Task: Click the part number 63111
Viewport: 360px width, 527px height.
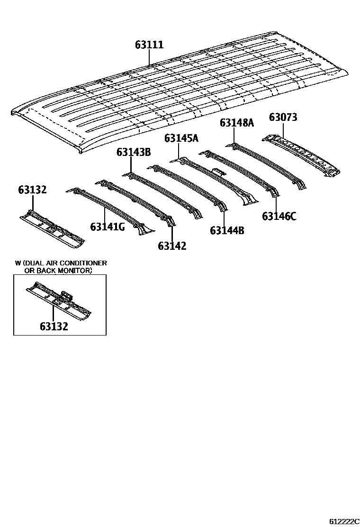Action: [149, 45]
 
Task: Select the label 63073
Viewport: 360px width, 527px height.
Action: [283, 117]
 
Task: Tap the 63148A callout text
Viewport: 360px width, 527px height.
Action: [237, 123]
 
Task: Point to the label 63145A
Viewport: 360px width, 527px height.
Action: [181, 138]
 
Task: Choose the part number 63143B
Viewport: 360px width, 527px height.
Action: [134, 152]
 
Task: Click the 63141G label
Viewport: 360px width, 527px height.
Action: [108, 227]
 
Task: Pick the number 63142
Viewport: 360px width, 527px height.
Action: [172, 246]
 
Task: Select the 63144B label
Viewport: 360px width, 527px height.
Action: [227, 231]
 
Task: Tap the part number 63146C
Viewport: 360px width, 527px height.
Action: [279, 217]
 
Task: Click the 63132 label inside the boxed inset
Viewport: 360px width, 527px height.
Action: [54, 327]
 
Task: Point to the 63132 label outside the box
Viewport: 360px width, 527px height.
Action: [32, 190]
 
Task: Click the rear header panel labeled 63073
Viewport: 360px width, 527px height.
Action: [303, 154]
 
